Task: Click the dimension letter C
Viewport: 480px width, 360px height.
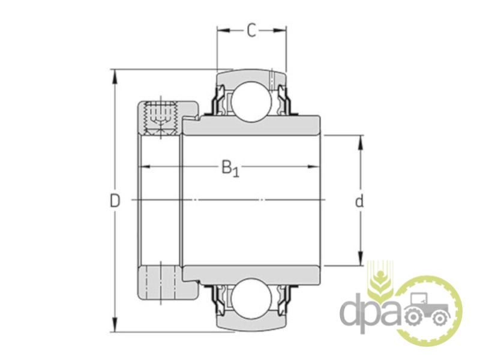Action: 251,31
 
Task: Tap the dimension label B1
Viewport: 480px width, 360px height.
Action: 230,169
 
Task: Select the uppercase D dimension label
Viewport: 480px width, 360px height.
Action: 115,201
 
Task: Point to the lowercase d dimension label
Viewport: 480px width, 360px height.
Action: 359,201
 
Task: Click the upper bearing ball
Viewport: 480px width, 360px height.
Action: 251,102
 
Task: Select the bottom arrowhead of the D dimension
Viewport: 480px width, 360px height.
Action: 115,325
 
